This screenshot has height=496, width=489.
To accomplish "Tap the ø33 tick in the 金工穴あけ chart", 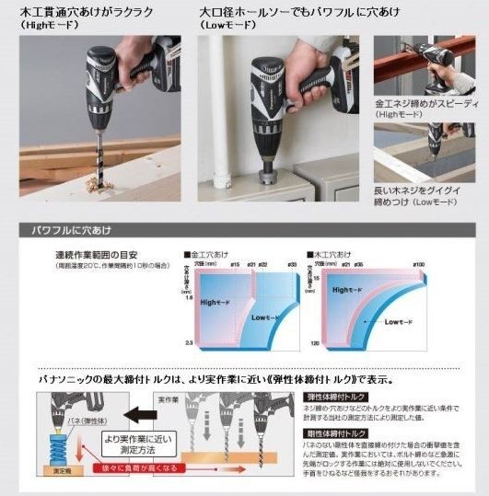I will click(x=291, y=265).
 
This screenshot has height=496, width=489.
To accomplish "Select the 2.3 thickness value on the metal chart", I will click(x=189, y=342).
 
